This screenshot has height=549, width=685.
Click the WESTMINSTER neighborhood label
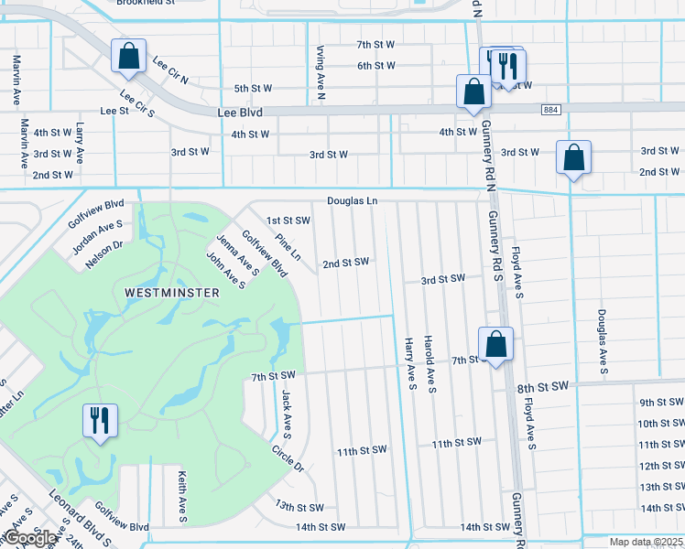(172, 293)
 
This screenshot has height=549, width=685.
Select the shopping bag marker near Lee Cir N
(128, 56)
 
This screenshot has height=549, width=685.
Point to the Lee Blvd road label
(240, 112)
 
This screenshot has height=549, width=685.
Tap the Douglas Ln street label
(353, 200)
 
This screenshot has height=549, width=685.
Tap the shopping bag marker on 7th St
(495, 345)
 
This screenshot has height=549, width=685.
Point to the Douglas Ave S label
(602, 341)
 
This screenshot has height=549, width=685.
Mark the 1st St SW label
(288, 221)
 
